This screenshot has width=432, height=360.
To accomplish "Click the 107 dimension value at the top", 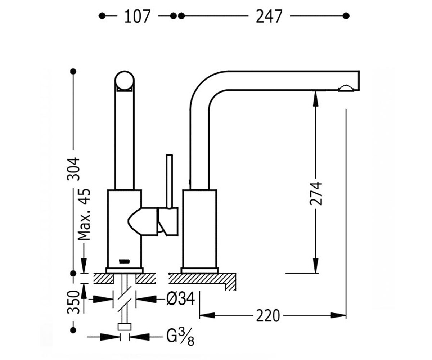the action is (137, 16).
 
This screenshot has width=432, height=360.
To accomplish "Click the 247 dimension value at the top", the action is (269, 16).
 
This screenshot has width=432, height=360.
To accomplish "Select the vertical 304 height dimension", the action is (73, 169).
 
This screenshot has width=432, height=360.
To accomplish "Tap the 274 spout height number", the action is (316, 193).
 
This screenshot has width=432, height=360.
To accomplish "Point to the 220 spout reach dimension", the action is (268, 316).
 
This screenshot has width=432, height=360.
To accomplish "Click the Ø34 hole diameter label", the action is (180, 299).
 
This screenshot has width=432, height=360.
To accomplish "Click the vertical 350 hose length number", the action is (73, 302).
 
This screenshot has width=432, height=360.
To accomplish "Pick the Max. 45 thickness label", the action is (84, 214).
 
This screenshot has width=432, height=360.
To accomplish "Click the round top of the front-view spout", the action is (125, 81).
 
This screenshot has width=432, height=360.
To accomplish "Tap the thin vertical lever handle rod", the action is (169, 181).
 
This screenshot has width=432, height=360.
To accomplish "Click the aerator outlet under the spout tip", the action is (346, 88).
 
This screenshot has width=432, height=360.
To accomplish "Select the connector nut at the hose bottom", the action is (124, 327).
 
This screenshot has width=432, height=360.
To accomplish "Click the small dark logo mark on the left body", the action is (125, 261).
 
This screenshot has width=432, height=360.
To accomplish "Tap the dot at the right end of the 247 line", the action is (346, 16).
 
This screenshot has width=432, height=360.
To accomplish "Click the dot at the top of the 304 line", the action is (73, 71).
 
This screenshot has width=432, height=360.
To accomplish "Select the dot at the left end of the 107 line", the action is (102, 16).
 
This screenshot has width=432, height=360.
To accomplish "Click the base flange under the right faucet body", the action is (199, 270).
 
